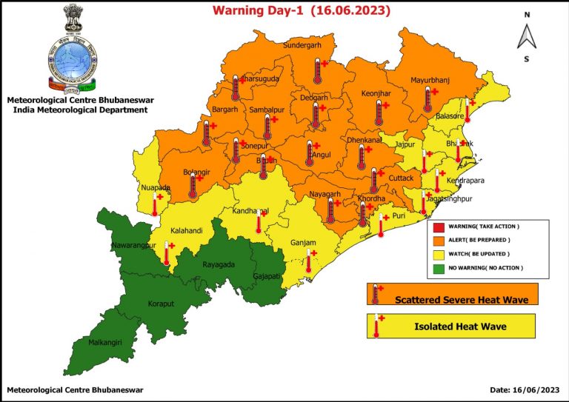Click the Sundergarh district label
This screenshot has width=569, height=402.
click(302, 45)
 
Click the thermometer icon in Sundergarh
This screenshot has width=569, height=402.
click(317, 72)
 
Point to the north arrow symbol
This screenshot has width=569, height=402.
click(527, 35)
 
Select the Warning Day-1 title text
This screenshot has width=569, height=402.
click(302, 10)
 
